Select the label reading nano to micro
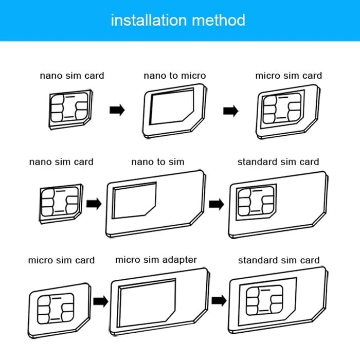174,76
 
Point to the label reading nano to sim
157,161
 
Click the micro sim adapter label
156,260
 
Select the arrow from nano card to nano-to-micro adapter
118,110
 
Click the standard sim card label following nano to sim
278,161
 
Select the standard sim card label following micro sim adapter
278,260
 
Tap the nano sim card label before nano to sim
61,161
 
